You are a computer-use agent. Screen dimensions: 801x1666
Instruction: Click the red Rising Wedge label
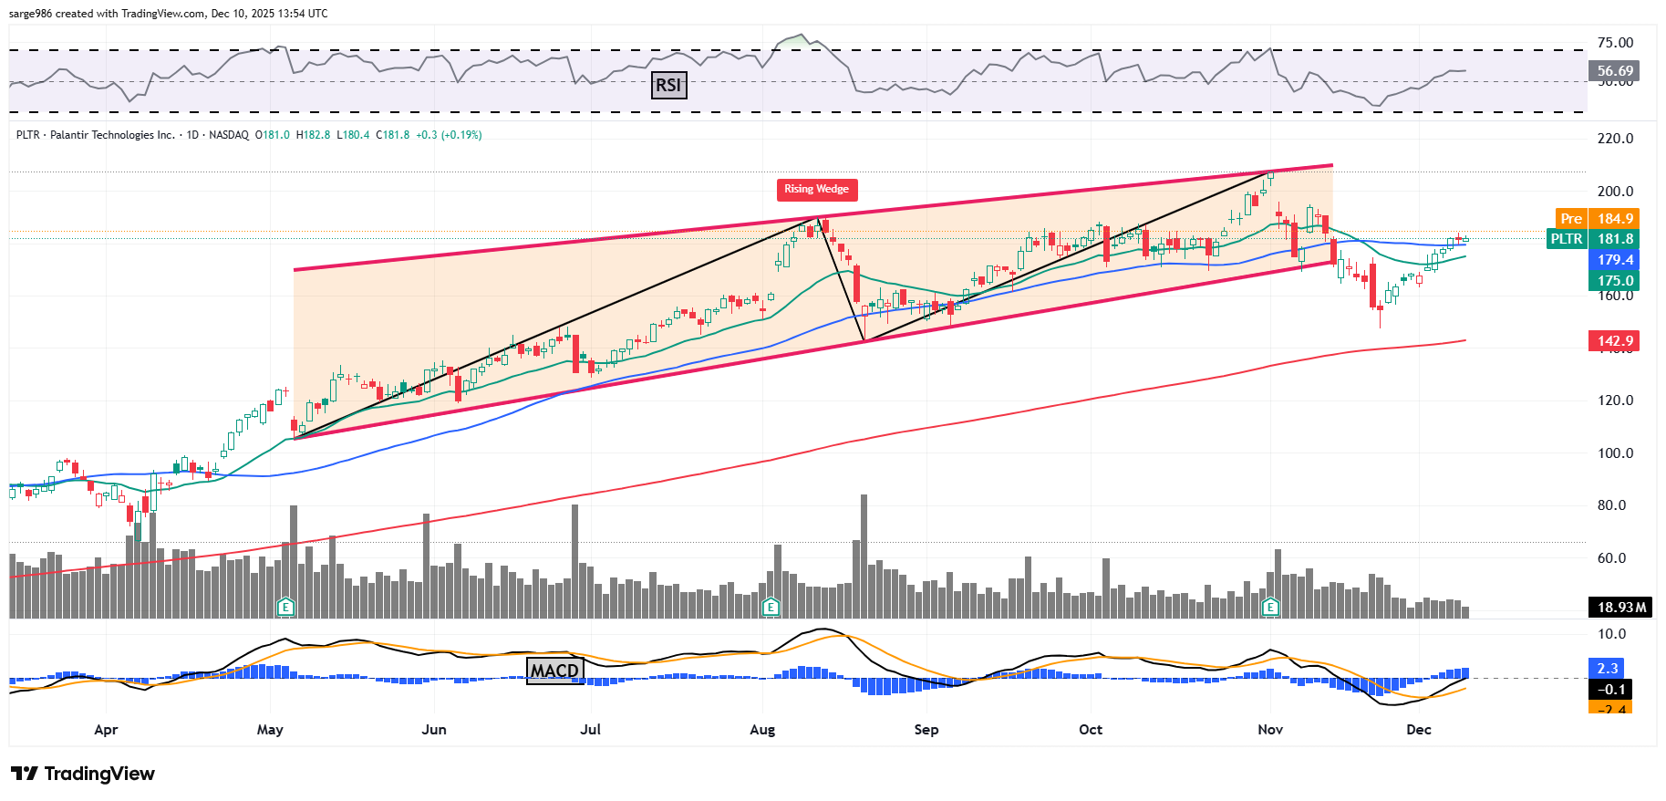pos(816,189)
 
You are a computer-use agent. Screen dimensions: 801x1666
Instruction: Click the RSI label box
pos(668,85)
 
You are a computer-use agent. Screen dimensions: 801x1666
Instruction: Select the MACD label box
pos(554,671)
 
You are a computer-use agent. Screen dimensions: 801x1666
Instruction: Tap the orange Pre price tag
pos(1571,218)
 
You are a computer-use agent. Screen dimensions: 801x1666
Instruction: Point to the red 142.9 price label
pos(1614,341)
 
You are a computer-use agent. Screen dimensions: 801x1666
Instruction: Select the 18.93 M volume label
pos(1621,607)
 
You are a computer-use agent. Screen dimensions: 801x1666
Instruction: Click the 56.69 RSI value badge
pos(1614,70)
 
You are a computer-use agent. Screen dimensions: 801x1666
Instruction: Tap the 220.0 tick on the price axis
pos(1615,139)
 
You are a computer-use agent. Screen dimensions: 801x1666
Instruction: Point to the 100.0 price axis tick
pos(1615,453)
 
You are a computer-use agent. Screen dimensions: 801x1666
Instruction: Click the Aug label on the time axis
pos(762,730)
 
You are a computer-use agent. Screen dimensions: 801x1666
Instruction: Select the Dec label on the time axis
pos(1419,730)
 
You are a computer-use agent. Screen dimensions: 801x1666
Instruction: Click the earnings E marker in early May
pos(285,607)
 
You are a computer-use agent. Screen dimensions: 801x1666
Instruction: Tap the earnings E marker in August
pos(771,607)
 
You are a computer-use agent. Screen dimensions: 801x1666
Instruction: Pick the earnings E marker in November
pos(1270,607)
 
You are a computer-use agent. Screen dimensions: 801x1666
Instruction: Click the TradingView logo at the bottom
pos(84,774)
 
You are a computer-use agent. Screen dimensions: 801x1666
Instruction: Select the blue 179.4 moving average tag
pos(1614,260)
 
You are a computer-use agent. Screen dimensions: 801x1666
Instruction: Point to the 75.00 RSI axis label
pos(1615,43)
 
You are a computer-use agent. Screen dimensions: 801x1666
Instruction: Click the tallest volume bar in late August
pos(864,557)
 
